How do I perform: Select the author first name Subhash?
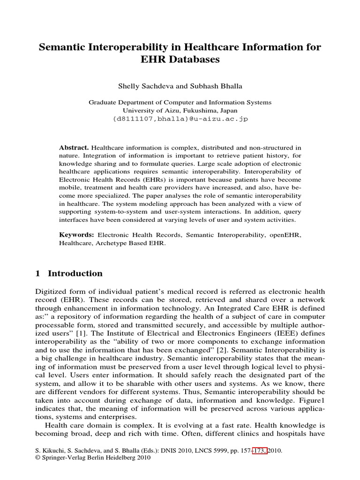196,87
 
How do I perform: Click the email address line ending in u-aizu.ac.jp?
180,119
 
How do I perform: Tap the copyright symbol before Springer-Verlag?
38,458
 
